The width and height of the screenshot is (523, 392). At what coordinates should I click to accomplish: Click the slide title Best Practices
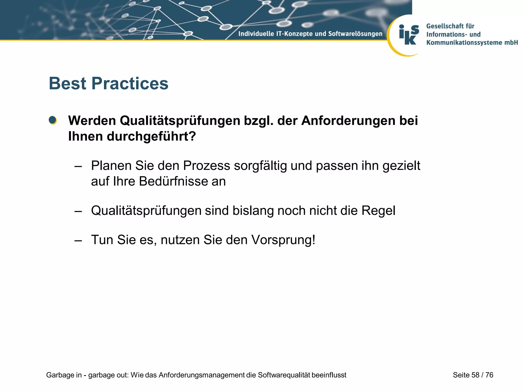click(109, 83)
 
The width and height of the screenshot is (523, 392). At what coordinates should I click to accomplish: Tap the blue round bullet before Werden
click(53, 120)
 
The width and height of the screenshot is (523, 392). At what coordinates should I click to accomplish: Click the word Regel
click(378, 211)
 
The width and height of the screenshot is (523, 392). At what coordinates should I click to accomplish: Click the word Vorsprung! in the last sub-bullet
click(283, 240)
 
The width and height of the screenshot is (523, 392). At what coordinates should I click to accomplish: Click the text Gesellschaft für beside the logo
click(450, 26)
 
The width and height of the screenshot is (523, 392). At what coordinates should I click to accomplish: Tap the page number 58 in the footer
click(475, 375)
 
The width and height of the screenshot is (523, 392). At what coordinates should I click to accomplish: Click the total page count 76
click(489, 375)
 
